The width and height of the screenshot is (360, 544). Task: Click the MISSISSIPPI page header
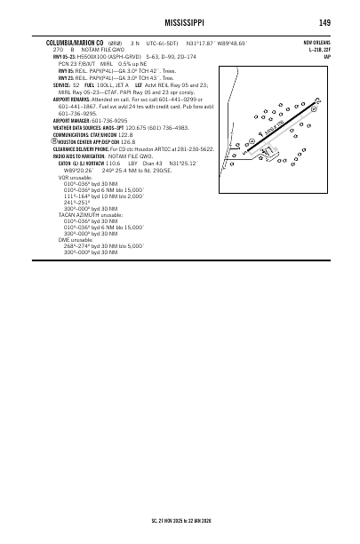(x=180, y=23)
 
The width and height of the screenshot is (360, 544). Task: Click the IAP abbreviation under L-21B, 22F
(x=327, y=58)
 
